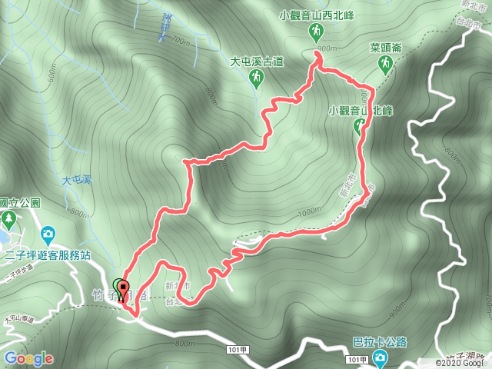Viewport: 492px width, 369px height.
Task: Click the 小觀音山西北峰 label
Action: [x=314, y=14]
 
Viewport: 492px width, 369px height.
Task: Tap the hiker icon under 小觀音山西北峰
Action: [x=315, y=31]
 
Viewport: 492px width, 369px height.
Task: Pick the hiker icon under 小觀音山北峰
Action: [x=359, y=128]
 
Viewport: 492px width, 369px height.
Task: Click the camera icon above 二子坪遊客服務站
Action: [x=48, y=232]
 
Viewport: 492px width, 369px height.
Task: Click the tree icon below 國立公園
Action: [x=8, y=220]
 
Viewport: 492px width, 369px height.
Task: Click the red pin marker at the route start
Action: [x=123, y=291]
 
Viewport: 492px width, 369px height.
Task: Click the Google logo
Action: [x=28, y=358]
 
